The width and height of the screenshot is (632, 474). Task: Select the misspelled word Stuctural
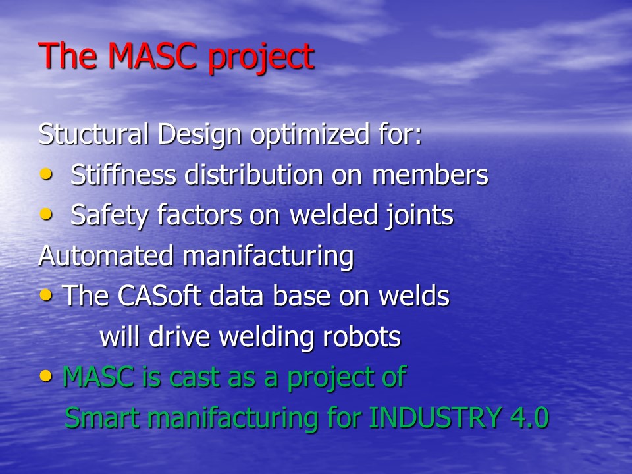[93, 134]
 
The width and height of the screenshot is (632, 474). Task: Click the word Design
[199, 134]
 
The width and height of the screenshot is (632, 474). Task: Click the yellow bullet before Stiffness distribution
[46, 174]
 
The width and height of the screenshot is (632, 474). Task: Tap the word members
[430, 175]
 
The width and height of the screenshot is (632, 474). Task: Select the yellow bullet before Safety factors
[46, 214]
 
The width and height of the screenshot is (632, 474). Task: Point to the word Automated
[105, 255]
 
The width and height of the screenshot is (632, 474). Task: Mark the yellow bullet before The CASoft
[46, 296]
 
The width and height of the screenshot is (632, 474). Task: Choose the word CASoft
[159, 296]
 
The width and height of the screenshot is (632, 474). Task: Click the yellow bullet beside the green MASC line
[46, 376]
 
